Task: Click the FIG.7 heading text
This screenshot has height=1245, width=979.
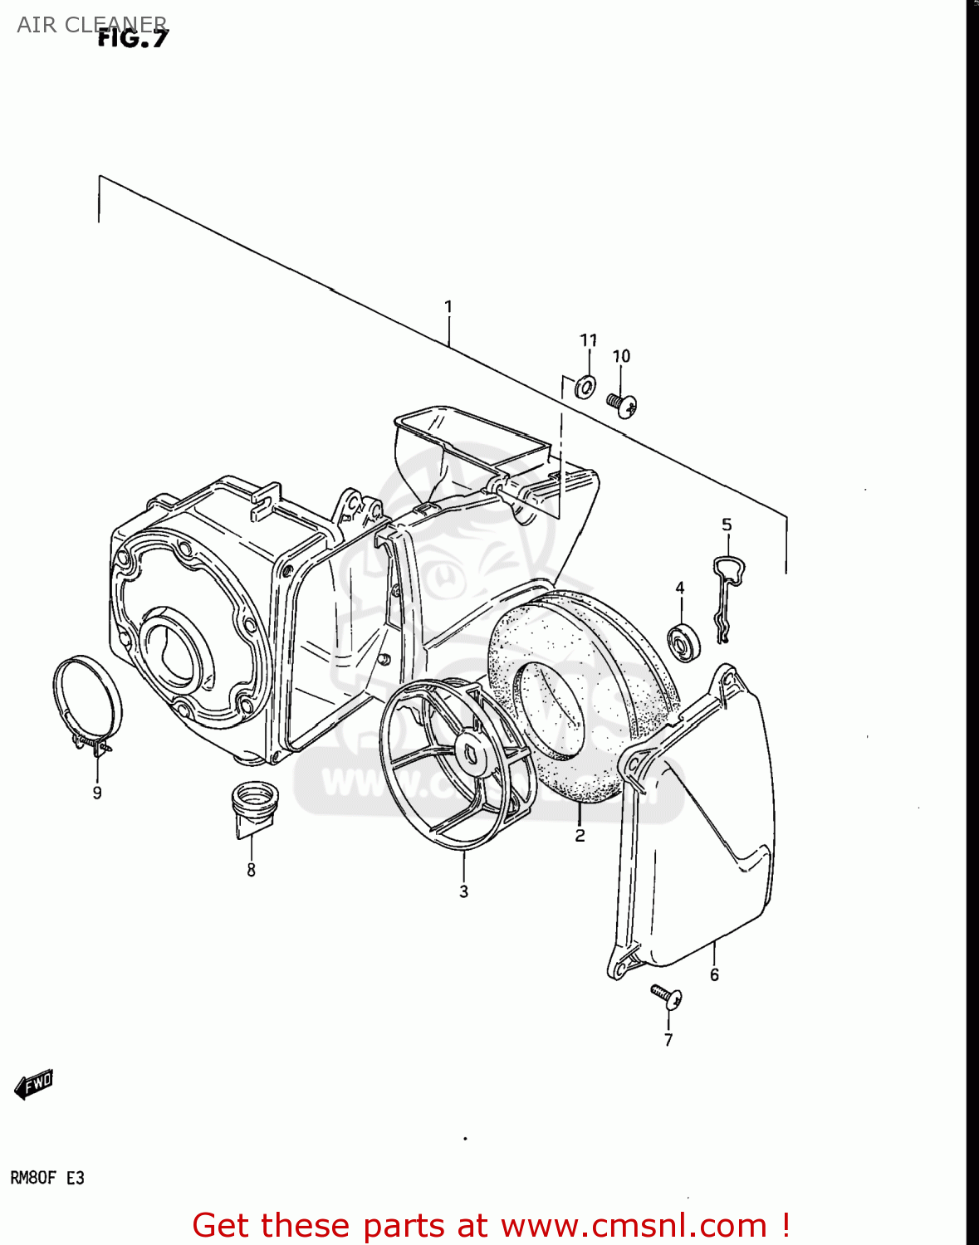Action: pyautogui.click(x=133, y=38)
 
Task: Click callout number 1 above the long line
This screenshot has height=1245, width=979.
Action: pyautogui.click(x=448, y=307)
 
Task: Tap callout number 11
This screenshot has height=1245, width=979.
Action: pyautogui.click(x=588, y=340)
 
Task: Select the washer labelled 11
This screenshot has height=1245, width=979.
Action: pyautogui.click(x=585, y=386)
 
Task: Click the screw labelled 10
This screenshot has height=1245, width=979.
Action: pyautogui.click(x=621, y=405)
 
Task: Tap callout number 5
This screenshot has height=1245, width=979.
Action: pyautogui.click(x=727, y=525)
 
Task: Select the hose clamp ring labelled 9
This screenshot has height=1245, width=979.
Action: pyautogui.click(x=86, y=701)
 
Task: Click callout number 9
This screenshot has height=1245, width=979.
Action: pyautogui.click(x=97, y=793)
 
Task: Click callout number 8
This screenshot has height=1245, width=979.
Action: pyautogui.click(x=251, y=870)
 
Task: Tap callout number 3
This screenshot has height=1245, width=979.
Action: pyautogui.click(x=463, y=891)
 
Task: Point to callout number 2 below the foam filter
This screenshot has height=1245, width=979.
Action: pyautogui.click(x=580, y=835)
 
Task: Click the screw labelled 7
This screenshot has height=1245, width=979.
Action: pyautogui.click(x=667, y=995)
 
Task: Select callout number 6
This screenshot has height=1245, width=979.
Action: pyautogui.click(x=714, y=974)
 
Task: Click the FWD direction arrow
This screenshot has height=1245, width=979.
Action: pyautogui.click(x=34, y=1084)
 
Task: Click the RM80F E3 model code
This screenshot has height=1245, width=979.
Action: pyautogui.click(x=47, y=1178)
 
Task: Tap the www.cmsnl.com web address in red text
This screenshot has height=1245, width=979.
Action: pyautogui.click(x=634, y=1225)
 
